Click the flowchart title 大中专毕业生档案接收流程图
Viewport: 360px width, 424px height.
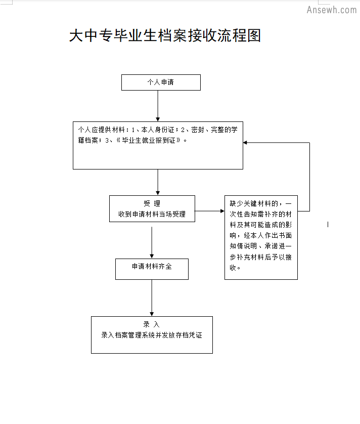point(165,35)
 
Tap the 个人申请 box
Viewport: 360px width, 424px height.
point(161,82)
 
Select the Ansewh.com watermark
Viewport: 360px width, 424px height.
point(332,10)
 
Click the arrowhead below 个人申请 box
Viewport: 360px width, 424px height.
point(158,119)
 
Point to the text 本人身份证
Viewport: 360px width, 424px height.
point(158,130)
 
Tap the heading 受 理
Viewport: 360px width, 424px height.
point(152,203)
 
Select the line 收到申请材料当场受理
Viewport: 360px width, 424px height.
point(152,214)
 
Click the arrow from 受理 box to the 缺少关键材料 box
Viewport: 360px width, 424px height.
point(209,211)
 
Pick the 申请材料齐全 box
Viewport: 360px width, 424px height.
point(152,269)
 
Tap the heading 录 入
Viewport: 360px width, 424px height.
point(151,324)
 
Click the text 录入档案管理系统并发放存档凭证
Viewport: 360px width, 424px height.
point(152,335)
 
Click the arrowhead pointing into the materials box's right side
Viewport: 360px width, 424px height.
point(245,143)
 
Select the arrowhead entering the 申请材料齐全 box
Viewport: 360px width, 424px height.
point(152,257)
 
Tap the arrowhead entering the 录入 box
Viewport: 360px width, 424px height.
point(152,314)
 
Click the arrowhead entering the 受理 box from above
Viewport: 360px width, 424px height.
point(158,193)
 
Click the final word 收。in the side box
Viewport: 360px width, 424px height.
point(235,268)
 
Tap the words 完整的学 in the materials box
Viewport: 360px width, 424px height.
point(224,130)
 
